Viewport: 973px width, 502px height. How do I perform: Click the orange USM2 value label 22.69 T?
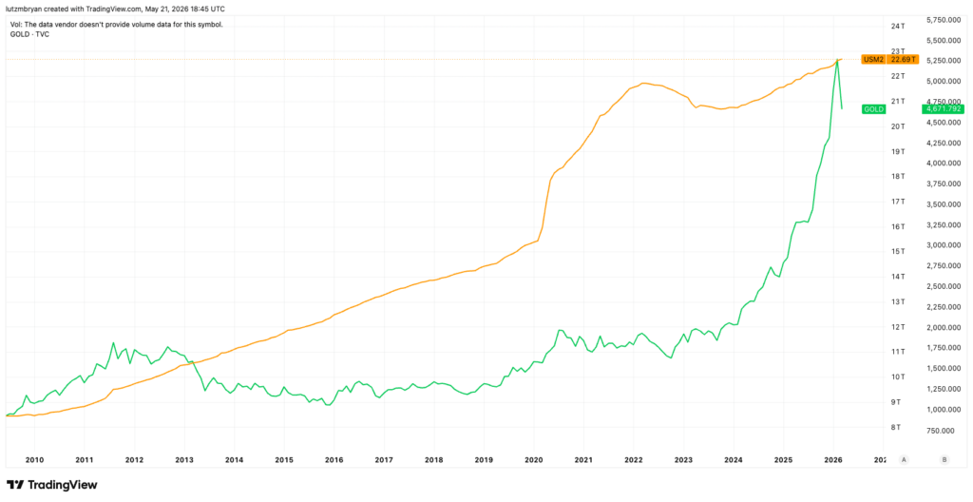tap(904, 60)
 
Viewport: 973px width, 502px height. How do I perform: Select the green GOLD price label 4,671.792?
tap(943, 108)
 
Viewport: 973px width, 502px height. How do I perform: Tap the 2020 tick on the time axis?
tap(534, 460)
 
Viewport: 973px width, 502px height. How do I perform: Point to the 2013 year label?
tap(184, 460)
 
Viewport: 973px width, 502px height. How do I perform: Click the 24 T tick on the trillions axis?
tap(897, 26)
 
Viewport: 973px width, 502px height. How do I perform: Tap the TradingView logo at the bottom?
tap(52, 485)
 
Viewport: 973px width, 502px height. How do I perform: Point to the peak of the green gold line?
tap(838, 60)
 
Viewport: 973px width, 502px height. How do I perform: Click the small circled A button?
tap(905, 460)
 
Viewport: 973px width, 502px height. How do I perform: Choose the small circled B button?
tap(944, 460)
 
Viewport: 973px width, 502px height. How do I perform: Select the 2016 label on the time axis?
tap(334, 460)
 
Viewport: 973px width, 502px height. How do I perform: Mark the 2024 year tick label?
tap(734, 460)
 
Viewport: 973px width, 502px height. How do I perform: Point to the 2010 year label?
tap(35, 460)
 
